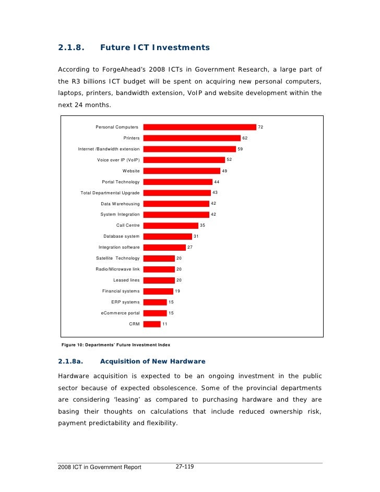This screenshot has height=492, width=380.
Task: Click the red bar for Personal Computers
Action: pos(199,127)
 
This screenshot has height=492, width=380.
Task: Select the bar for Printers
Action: pos(192,138)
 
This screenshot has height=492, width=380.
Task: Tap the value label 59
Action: pos(240,149)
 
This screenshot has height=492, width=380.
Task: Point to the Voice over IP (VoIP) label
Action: pos(118,160)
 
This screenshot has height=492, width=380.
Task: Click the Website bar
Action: pos(182,171)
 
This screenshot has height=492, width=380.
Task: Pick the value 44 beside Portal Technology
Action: pos(217,182)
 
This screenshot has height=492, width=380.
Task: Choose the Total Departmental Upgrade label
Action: pos(110,193)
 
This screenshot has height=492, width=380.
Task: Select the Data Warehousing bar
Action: pos(176,204)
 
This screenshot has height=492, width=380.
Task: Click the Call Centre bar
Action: pos(171,226)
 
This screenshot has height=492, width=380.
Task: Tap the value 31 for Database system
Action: pos(196,236)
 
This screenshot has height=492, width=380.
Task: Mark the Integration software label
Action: pos(119,247)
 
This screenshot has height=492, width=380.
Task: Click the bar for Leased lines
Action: pos(159,280)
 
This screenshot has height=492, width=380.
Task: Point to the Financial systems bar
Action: pos(158,291)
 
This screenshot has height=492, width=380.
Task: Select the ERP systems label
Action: pos(125,302)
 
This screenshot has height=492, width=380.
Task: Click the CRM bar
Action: pos(152,324)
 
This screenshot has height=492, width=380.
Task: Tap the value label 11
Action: pos(165,324)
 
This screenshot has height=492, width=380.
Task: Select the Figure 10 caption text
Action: pos(116,345)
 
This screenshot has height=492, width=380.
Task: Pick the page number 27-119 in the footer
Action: pos(185,466)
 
